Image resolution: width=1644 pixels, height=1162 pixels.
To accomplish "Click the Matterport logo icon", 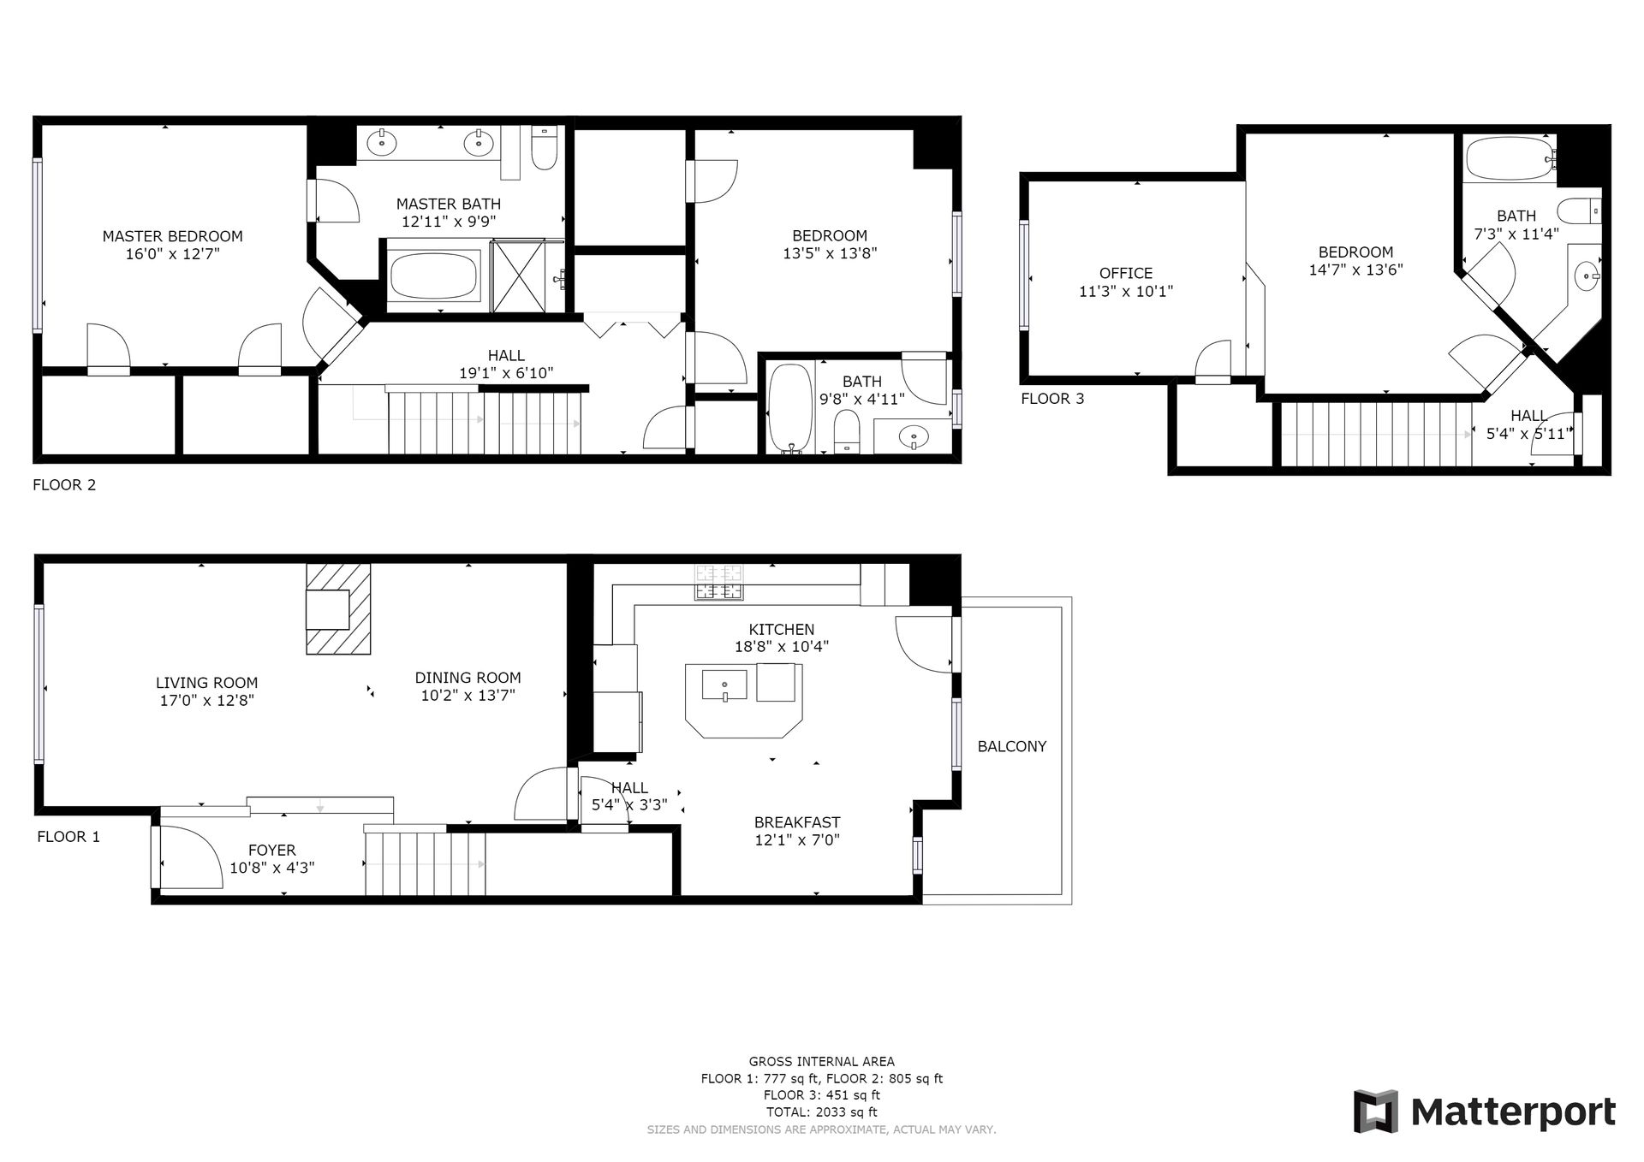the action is [x=1375, y=1111].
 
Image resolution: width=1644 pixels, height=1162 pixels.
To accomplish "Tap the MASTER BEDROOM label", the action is [x=172, y=236].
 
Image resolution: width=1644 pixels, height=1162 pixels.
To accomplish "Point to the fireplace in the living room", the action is [x=338, y=608].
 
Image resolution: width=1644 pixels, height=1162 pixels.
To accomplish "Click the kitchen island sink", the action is [x=724, y=685].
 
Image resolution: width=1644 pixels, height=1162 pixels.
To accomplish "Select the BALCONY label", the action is [x=1012, y=746].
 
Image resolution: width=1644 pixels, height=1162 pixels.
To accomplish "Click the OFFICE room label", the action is [x=1125, y=273].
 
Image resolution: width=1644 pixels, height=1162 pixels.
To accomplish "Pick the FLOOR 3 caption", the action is [x=1052, y=399].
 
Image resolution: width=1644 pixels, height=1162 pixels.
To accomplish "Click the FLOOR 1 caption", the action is [x=68, y=837].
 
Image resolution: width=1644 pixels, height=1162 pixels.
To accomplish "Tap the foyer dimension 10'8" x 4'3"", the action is [x=272, y=868].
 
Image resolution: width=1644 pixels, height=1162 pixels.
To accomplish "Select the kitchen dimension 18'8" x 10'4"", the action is [x=782, y=647].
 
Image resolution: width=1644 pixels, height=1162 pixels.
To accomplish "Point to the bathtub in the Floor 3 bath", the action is [x=1510, y=158].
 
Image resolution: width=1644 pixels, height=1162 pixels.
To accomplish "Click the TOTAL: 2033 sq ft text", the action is [x=821, y=1112].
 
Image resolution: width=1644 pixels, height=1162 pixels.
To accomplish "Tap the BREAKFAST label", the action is [x=797, y=822].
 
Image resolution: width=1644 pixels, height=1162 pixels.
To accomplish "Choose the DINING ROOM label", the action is [x=468, y=678].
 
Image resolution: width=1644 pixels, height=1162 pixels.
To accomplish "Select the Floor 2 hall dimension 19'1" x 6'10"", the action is [x=506, y=373].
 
